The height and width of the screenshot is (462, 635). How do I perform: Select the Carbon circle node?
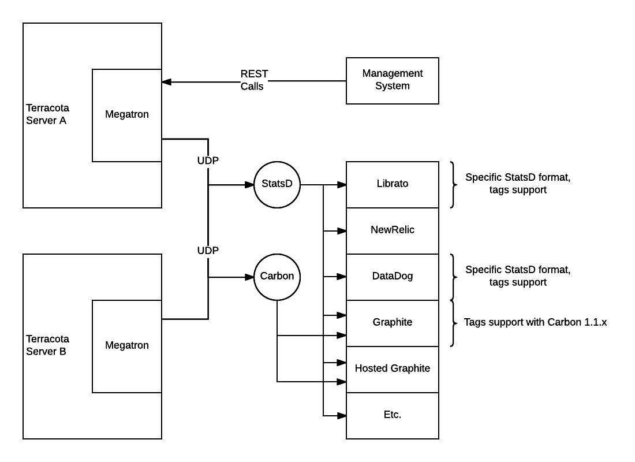point(277,277)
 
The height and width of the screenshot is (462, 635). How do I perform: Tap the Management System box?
point(393,80)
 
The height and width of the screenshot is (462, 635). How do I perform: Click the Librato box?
point(393,184)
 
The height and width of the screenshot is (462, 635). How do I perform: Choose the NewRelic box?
point(393,230)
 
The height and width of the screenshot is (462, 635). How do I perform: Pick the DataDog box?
point(393,277)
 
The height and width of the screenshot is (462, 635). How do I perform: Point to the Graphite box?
point(393,323)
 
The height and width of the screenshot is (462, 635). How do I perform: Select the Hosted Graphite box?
point(393,369)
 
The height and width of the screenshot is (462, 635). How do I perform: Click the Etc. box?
point(393,415)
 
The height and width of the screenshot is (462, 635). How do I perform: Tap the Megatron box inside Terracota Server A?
point(127,115)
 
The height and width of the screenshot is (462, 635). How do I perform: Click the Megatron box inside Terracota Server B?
point(127,346)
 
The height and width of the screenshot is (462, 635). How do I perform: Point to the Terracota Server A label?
point(46,115)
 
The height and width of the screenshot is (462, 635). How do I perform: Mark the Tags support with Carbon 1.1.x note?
point(535,323)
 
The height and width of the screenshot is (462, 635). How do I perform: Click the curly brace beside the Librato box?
point(452,184)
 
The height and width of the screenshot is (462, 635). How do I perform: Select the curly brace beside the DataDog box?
point(452,277)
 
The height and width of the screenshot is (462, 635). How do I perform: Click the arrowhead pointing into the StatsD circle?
point(251,185)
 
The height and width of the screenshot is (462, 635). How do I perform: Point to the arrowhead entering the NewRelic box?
point(342,231)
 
